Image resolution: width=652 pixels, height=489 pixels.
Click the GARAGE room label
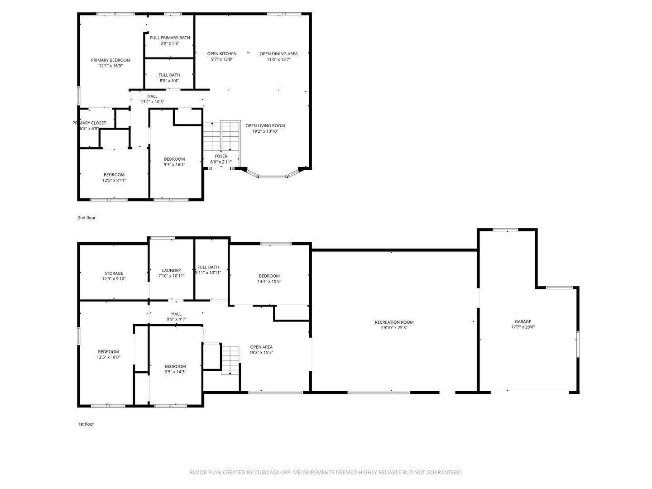[x=523, y=321]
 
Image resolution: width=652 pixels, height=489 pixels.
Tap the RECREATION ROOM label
[x=394, y=322]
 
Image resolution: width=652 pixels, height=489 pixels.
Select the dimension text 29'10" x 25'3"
[x=394, y=328]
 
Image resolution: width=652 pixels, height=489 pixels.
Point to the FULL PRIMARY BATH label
[x=170, y=38]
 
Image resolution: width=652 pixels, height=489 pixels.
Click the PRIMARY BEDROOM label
[x=111, y=60]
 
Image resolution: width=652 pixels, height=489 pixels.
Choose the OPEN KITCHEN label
[x=222, y=54]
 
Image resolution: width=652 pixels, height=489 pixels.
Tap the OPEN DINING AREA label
[x=278, y=54]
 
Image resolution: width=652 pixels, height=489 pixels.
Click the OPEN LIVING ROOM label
[x=265, y=125]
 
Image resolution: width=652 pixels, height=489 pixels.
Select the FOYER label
[x=221, y=156]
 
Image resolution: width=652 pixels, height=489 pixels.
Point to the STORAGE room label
[x=114, y=273]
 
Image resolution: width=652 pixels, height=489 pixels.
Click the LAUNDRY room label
[x=172, y=270]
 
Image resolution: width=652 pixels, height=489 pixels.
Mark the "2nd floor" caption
[x=87, y=218]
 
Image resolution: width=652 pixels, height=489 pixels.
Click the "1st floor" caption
[x=86, y=424]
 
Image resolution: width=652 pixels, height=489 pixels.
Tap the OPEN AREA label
[x=261, y=347]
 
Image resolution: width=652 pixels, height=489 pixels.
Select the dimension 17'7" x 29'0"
[x=523, y=327]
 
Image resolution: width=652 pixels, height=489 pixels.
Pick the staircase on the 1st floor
[x=230, y=360]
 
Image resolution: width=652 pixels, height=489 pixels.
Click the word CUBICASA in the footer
[x=267, y=472]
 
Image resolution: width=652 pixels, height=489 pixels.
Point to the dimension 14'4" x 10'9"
[x=269, y=282]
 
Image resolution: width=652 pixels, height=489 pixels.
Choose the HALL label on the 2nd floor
[x=153, y=96]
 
